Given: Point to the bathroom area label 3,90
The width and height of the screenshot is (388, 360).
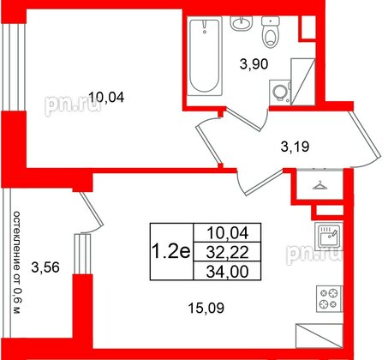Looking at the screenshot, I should (x=252, y=62).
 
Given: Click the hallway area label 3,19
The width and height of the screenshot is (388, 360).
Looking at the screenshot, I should (x=296, y=146).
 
